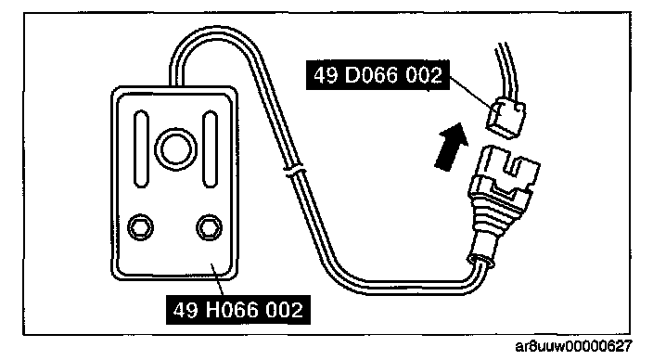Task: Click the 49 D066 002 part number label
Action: coord(378,75)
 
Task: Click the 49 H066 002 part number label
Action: coord(238,310)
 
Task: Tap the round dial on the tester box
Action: coord(175,148)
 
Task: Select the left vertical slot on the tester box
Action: coord(141,148)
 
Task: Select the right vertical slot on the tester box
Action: coord(210,148)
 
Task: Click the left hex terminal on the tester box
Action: coord(140,228)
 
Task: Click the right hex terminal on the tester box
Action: coord(209,228)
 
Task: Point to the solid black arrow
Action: coord(451,146)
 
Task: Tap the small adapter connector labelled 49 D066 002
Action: coord(506,119)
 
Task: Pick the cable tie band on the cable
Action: coord(294,171)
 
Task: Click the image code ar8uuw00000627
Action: coord(573,346)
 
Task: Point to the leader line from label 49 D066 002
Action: coord(470,93)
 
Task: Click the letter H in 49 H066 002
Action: coord(213,310)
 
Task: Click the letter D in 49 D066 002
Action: coord(353,75)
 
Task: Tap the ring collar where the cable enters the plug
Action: coord(481,261)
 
